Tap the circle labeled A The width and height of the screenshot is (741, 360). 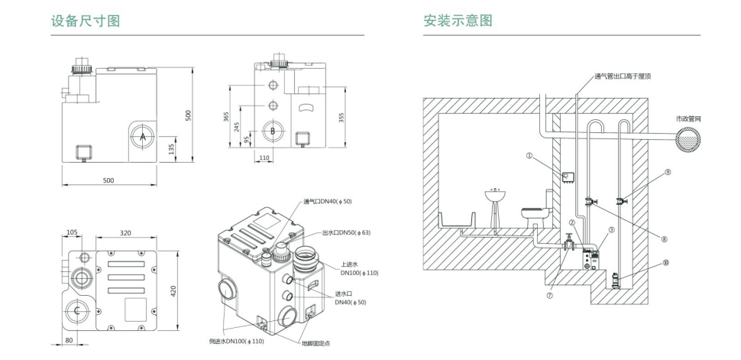pyautogui.click(x=143, y=136)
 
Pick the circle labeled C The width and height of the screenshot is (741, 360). pyautogui.click(x=77, y=310)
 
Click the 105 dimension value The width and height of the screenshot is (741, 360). pyautogui.click(x=73, y=231)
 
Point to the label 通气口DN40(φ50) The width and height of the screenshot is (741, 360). pyautogui.click(x=329, y=202)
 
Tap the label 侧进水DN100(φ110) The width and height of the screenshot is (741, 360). pyautogui.click(x=238, y=340)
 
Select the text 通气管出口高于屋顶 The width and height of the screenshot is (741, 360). pyautogui.click(x=623, y=76)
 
